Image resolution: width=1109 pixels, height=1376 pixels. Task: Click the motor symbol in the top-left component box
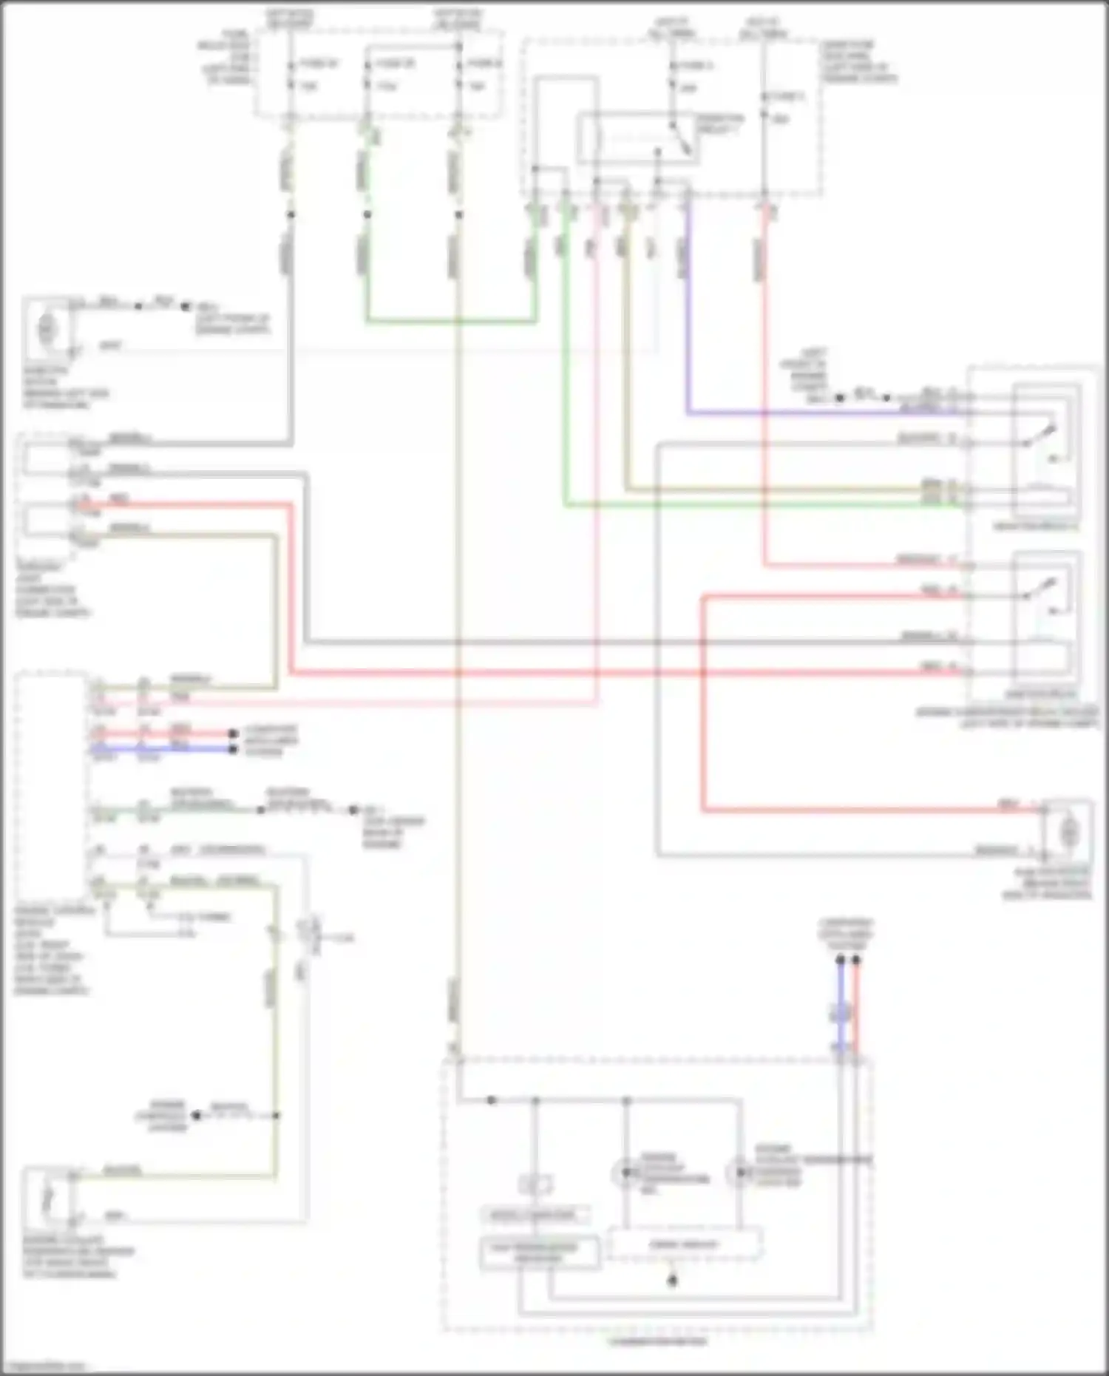[x=47, y=326]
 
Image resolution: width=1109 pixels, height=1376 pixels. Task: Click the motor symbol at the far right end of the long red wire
[x=1068, y=833]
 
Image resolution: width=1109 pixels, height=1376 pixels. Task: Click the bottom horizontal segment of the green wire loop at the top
[x=451, y=322]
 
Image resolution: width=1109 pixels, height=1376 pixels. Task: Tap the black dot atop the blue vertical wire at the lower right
[x=841, y=960]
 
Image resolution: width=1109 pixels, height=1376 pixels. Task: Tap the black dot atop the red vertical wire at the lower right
[x=856, y=960]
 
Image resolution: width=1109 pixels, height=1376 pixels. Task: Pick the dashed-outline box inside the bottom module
[x=684, y=1244]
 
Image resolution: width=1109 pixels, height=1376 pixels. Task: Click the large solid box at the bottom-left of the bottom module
[x=540, y=1253]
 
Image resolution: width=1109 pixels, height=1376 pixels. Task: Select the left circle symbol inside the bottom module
[x=625, y=1172]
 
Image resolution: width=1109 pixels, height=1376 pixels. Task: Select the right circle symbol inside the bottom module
[x=738, y=1173]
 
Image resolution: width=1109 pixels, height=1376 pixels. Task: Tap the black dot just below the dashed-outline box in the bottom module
[x=672, y=1281]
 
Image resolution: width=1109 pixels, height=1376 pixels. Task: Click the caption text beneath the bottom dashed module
[x=657, y=1341]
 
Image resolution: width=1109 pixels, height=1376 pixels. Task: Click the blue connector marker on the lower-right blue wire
[x=841, y=1013]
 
